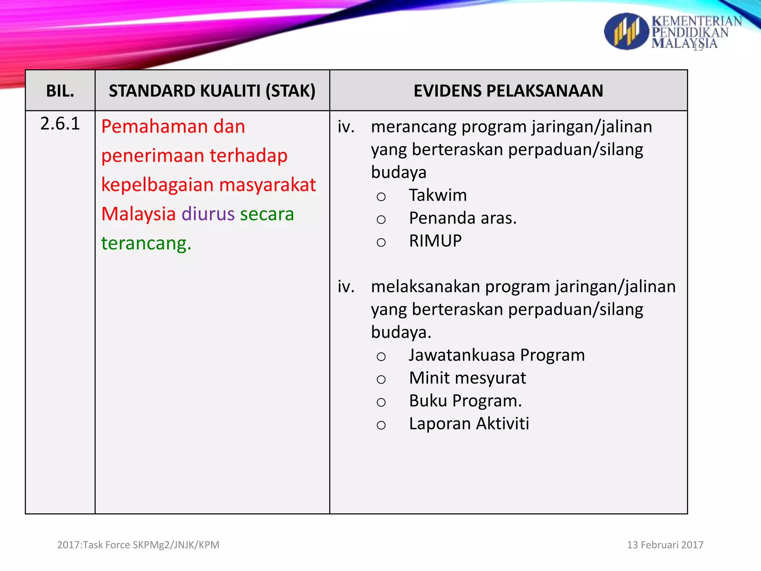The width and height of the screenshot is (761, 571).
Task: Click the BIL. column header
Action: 60,91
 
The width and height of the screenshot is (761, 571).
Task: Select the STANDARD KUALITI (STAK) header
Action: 212,91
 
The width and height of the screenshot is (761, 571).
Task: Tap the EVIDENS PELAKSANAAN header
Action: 508,91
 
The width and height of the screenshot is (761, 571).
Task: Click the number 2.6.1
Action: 60,124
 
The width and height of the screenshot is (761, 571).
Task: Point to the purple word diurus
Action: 208,214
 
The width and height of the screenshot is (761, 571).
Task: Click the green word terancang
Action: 146,243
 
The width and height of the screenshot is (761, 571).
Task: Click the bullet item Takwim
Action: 438,196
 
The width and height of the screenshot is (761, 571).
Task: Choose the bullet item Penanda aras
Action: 463,218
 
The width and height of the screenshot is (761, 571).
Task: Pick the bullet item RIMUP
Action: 435,241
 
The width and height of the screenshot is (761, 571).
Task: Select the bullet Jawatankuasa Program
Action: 496,355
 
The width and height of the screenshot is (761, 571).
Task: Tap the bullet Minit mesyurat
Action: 467,378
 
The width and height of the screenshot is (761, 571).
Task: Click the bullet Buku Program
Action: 465,401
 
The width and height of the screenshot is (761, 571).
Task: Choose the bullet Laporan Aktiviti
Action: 469,424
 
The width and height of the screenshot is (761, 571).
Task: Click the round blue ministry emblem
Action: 626,32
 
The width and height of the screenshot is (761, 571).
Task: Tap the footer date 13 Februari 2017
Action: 665,545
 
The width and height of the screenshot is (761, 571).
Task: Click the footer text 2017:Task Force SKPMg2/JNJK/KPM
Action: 138,545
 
